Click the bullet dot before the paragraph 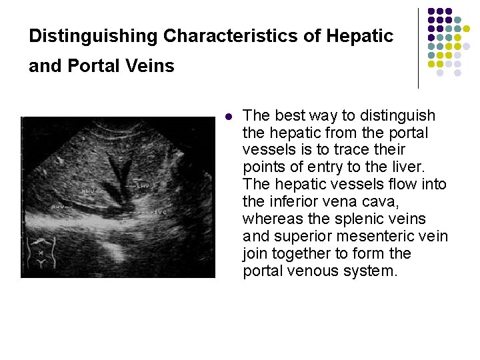click(228, 116)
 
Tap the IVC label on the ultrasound click(157, 213)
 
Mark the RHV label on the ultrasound click(59, 207)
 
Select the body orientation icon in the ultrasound click(41, 253)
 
